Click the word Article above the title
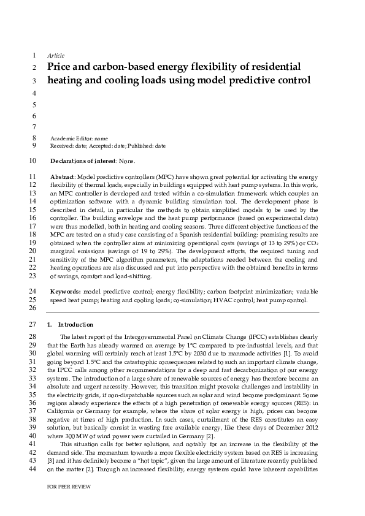(x=55, y=55)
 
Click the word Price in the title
(x=61, y=66)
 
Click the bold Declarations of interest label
(x=83, y=161)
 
